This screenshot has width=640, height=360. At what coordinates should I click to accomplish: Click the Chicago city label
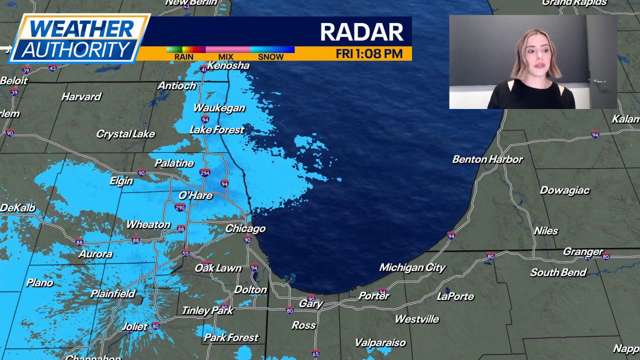[x=245, y=228]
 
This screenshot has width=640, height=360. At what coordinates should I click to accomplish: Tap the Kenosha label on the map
[x=228, y=65]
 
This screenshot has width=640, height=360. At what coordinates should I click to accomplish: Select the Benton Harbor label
[x=487, y=159]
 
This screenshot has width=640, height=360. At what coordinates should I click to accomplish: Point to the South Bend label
[x=558, y=272]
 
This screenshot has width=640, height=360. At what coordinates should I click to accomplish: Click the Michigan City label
[x=412, y=267]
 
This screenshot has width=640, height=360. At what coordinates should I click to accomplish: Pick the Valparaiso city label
[x=380, y=342]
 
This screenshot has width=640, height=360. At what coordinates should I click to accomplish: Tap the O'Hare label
[x=195, y=195]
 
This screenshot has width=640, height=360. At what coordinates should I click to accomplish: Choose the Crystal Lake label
[x=125, y=134]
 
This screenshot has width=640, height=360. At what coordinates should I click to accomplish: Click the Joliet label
[x=135, y=326]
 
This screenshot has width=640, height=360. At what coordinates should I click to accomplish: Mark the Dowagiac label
[x=564, y=190]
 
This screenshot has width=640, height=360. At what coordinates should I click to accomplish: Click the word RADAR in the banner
[x=361, y=32]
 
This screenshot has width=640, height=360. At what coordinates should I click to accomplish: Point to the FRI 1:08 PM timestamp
[x=369, y=54]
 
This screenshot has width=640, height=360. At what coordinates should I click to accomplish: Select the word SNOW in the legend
[x=270, y=57]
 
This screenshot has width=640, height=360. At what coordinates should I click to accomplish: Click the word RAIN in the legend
[x=183, y=57]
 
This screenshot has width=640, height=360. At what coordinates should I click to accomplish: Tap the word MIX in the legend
[x=225, y=57]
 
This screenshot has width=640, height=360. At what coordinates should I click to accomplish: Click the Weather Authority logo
[x=79, y=38]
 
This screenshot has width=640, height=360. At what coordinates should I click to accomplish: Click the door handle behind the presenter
[x=599, y=81]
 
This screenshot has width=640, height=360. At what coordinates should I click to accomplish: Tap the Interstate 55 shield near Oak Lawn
[x=185, y=253]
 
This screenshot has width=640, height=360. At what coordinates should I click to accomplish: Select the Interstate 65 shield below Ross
[x=315, y=354]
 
